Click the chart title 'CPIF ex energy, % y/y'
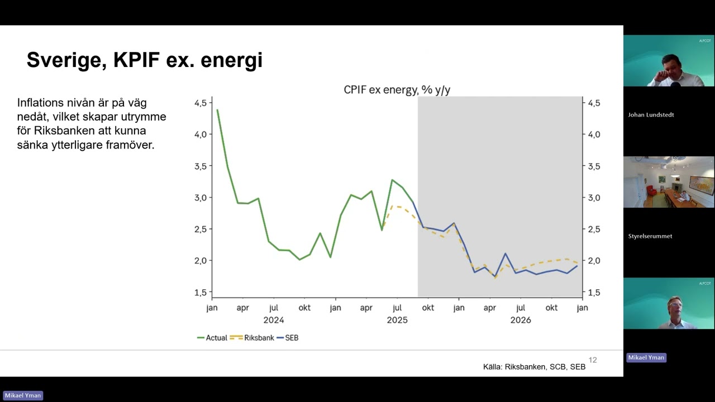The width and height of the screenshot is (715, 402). tap(397, 90)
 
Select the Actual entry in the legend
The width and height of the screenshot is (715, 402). tap(212, 338)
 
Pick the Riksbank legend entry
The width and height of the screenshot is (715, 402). tap(252, 338)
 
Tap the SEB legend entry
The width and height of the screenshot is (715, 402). tap(288, 338)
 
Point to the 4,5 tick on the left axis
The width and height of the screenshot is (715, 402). tap(201, 103)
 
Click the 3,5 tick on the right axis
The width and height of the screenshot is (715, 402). tap(594, 166)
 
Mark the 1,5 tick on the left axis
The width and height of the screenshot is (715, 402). tap(201, 292)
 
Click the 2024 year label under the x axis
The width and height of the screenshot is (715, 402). tap(274, 320)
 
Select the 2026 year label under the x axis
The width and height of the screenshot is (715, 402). tap(521, 320)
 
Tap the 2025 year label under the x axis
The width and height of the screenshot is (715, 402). tap(397, 320)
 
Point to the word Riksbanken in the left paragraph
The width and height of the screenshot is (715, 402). tap(62, 131)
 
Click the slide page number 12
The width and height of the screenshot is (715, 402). tap(593, 360)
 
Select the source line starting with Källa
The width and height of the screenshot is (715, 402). tap(535, 367)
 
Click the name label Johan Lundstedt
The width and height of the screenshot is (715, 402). tap(651, 115)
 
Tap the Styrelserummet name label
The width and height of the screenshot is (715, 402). tap(650, 236)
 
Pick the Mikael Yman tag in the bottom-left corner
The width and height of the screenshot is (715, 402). tap(23, 395)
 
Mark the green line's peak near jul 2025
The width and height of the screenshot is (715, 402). tap(392, 180)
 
